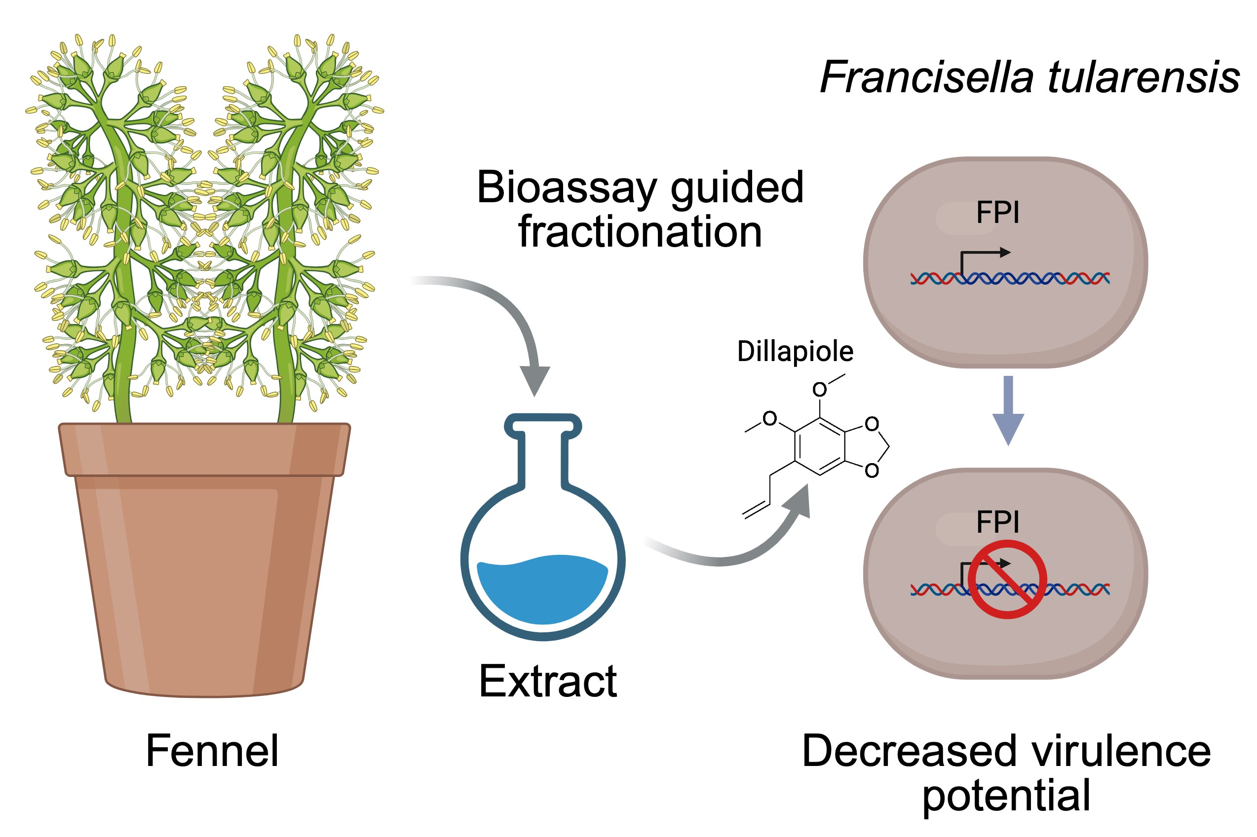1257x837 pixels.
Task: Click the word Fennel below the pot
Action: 212,752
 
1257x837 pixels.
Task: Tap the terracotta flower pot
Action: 204,560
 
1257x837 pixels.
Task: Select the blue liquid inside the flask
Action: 541,589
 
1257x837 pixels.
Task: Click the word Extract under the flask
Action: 548,682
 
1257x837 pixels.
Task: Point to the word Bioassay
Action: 567,188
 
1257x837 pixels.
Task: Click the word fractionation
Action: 640,232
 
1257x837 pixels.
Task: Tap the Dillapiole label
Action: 795,352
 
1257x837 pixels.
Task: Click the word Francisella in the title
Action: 926,77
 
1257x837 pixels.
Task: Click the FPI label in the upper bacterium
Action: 997,213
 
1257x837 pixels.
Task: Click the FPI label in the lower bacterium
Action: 997,522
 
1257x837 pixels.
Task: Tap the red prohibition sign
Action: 1007,580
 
